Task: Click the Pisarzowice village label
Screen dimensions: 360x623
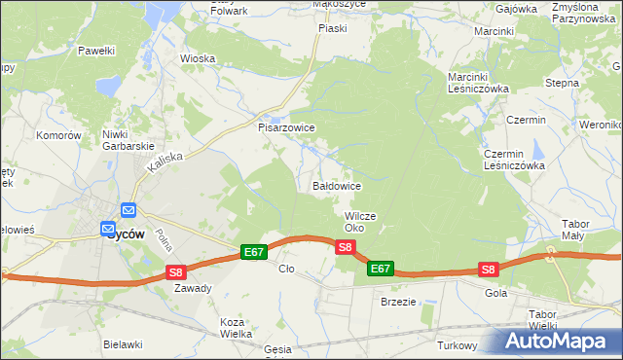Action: [x=285, y=127]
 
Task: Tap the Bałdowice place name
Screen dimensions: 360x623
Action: [x=338, y=185]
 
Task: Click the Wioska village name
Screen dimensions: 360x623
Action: [x=197, y=57]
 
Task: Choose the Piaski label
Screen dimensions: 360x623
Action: [x=333, y=28]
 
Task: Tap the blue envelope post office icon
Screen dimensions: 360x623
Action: [x=128, y=210]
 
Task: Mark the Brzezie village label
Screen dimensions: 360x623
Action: [x=398, y=302]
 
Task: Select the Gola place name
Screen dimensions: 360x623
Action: [x=495, y=292]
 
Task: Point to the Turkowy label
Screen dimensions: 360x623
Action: [x=457, y=345]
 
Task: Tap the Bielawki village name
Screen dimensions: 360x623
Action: [x=125, y=344]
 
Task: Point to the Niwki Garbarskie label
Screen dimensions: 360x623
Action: [x=129, y=140]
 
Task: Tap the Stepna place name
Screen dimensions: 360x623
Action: [x=562, y=83]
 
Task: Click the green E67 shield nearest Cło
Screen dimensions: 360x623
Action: [x=254, y=252]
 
